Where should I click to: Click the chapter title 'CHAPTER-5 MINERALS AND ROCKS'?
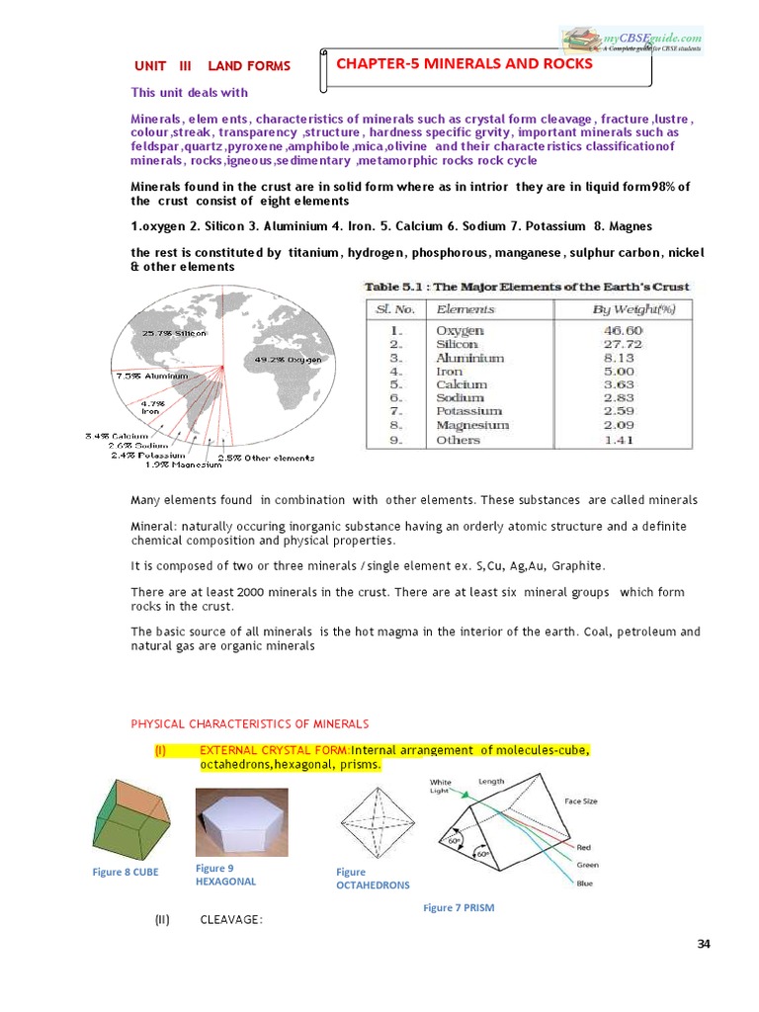[x=464, y=64]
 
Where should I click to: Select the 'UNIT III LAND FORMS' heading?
[x=212, y=66]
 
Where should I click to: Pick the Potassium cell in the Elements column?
[x=468, y=410]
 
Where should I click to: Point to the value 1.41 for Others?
[x=623, y=440]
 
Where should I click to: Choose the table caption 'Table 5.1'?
[x=528, y=287]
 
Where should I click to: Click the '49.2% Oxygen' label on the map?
[x=289, y=360]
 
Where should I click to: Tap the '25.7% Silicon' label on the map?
[x=175, y=333]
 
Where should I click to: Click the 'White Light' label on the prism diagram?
[x=441, y=786]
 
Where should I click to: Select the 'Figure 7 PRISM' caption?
[x=459, y=907]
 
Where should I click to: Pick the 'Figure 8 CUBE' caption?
[x=125, y=872]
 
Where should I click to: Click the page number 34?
[x=704, y=944]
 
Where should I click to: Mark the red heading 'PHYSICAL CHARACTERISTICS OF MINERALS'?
[x=250, y=723]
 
